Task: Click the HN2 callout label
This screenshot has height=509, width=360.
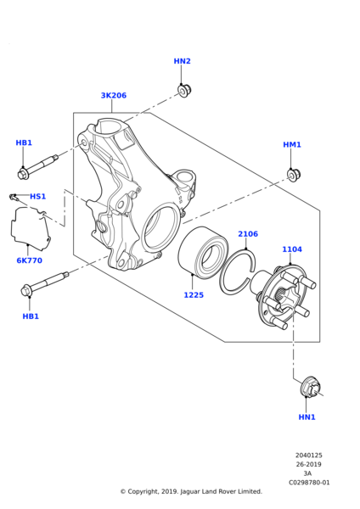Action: (182, 61)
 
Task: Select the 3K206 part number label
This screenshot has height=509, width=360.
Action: (114, 95)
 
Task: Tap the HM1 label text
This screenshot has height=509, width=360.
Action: (292, 144)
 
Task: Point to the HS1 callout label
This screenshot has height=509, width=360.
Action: (38, 197)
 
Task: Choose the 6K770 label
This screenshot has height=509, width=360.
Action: (29, 260)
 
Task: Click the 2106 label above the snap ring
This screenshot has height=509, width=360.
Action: (248, 234)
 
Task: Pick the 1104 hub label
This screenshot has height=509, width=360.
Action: (292, 249)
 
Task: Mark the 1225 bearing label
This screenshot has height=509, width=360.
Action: (194, 295)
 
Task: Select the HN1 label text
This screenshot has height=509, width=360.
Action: (307, 417)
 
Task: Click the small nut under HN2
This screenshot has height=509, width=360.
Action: (185, 90)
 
